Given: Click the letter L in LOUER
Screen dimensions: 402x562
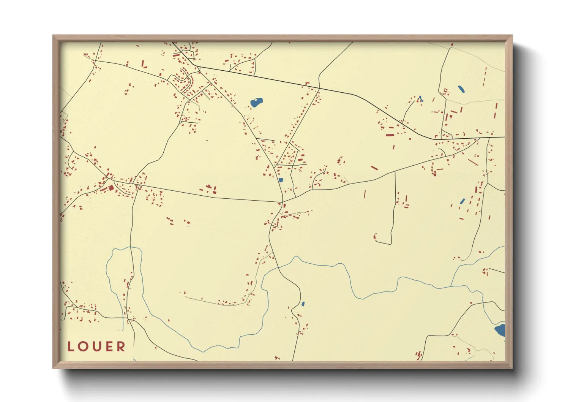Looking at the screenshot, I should [x=71, y=347].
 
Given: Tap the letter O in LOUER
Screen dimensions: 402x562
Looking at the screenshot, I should [x=83, y=347].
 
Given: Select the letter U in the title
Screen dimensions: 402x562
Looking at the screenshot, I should [x=96, y=347].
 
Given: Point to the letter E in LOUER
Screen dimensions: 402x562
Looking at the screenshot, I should [x=109, y=347].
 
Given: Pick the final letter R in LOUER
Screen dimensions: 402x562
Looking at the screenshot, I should [x=121, y=347].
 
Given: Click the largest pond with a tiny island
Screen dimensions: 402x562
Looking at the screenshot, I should [x=257, y=102].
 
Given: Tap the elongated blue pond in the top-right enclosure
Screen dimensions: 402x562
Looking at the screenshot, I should [x=461, y=89].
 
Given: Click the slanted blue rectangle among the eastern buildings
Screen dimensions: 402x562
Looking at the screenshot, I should [x=462, y=201].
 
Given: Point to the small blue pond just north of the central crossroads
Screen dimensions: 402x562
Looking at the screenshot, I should [x=281, y=180].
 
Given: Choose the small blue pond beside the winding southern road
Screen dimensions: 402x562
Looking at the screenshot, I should [x=303, y=304].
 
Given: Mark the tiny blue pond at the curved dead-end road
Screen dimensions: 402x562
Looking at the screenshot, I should [x=420, y=99].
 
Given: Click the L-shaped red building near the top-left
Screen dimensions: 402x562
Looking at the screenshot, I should [x=144, y=64].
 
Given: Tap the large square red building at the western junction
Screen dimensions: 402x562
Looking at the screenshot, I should [x=111, y=188].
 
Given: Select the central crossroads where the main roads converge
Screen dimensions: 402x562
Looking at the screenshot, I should [x=283, y=202].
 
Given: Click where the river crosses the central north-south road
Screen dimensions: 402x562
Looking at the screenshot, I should [x=279, y=267].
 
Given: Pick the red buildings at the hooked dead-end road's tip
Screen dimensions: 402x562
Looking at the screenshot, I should [x=375, y=237].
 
